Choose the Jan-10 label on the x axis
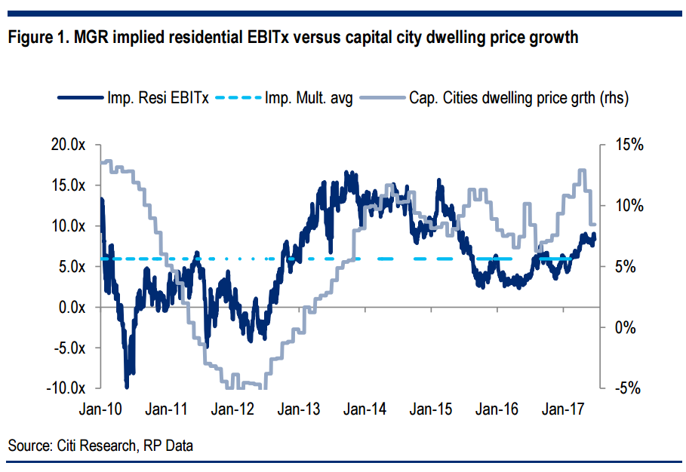(101, 409)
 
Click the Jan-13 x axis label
(300, 409)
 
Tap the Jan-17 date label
(564, 409)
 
